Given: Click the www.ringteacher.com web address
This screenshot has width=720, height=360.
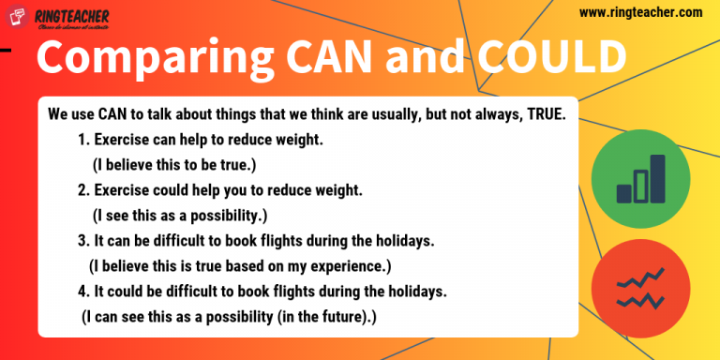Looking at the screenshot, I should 640,12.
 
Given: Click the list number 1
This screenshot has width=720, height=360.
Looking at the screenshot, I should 82,141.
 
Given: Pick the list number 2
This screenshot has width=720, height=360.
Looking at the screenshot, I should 82,190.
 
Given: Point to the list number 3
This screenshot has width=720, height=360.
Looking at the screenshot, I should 82,241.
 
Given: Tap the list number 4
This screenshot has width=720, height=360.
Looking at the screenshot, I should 82,292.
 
